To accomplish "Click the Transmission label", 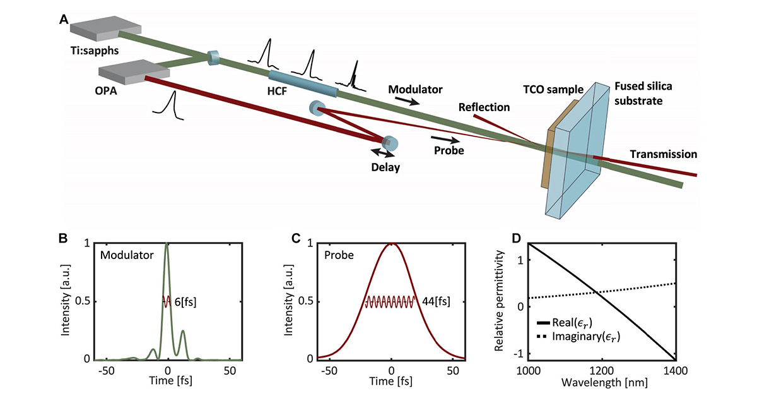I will click(663, 154).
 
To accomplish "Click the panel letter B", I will click(63, 238).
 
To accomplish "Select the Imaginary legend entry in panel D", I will click(580, 339).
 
